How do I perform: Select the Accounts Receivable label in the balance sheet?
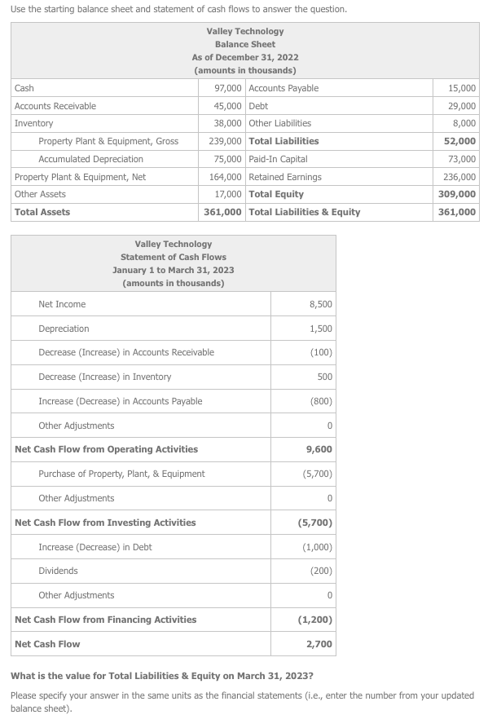coord(55,106)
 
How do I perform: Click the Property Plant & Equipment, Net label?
coord(80,177)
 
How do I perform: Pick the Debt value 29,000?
coord(462,106)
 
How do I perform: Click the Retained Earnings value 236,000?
coord(459,177)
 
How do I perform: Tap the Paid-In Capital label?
coord(278,159)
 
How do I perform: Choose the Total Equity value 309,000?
coord(459,194)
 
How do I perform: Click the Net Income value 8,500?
coord(320,304)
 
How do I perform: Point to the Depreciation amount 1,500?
coord(320,329)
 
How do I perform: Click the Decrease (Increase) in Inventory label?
coord(105,377)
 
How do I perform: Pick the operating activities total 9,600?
coord(319,449)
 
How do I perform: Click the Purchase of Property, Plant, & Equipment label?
coord(121,474)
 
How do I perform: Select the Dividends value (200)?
coord(320,571)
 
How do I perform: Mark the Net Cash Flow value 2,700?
coord(319,644)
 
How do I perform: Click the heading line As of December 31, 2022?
coord(245,57)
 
